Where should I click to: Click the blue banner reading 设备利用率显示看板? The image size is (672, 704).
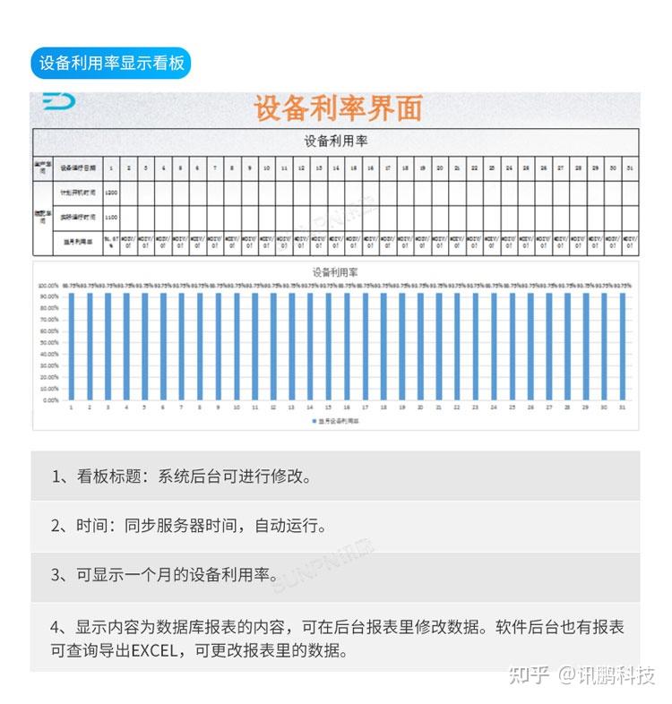click(111, 63)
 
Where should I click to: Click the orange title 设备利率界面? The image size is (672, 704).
click(337, 108)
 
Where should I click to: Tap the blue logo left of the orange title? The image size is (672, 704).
click(59, 101)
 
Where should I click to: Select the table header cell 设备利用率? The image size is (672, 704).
click(335, 141)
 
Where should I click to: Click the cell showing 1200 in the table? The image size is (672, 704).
click(111, 193)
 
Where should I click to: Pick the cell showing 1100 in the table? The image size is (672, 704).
click(111, 217)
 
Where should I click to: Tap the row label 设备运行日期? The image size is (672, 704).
click(78, 167)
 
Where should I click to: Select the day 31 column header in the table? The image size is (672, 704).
click(631, 167)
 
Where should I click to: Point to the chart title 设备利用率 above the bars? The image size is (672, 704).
click(335, 271)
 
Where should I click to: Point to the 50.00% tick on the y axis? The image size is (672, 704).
click(48, 342)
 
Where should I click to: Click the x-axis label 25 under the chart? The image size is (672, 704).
click(513, 408)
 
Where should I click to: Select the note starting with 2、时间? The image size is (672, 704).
click(189, 526)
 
